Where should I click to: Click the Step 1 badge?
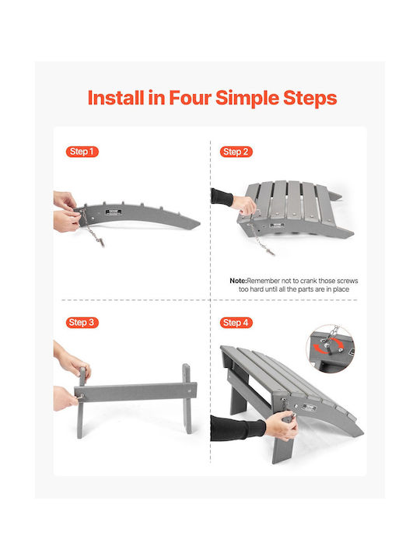click(82, 152)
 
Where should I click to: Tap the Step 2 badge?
click(236, 152)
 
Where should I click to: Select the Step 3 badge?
click(82, 323)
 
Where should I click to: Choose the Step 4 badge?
click(236, 323)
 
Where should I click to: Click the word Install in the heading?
click(116, 98)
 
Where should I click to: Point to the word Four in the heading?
click(190, 98)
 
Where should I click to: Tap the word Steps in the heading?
click(310, 99)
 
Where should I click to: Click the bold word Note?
click(238, 281)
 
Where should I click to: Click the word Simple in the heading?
click(247, 99)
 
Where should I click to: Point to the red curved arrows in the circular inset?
click(327, 347)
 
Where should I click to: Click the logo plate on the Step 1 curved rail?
click(114, 212)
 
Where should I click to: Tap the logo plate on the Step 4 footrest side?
click(309, 408)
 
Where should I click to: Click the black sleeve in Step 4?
click(237, 428)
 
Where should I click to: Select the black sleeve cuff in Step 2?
click(222, 197)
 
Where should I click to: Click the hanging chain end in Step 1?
click(101, 243)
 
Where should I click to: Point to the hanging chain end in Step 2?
click(271, 252)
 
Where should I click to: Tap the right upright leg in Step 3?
click(187, 398)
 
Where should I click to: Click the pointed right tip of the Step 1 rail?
click(200, 223)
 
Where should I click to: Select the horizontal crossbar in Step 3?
click(135, 392)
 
